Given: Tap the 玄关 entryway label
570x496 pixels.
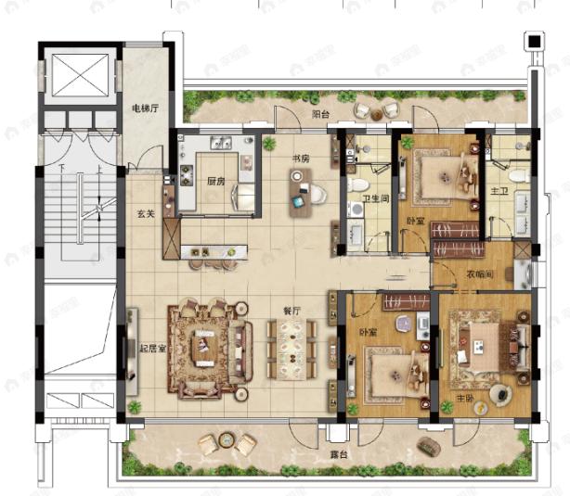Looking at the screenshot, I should coord(147,214).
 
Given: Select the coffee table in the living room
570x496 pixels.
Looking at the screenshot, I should coord(203,349).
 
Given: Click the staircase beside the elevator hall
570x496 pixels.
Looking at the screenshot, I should coord(79,213).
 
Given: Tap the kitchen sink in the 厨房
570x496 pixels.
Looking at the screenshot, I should coord(221,143).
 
